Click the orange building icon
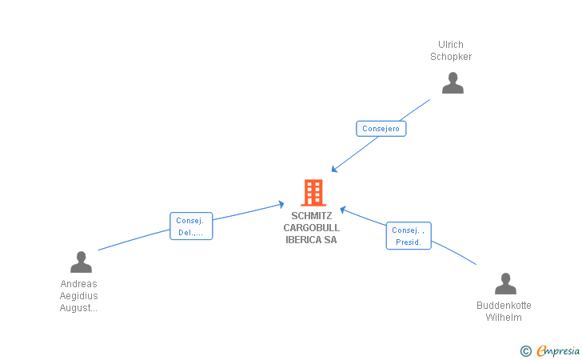click(313, 193)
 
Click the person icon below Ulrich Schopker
click(452, 83)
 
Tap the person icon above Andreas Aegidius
click(81, 262)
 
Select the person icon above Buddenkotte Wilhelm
click(505, 283)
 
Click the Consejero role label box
click(381, 129)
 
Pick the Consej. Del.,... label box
click(191, 226)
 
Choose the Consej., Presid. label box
click(409, 235)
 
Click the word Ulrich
click(451, 45)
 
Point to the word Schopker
click(451, 57)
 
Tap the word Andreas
click(78, 284)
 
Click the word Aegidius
click(78, 296)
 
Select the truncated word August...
click(78, 308)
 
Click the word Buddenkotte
click(504, 306)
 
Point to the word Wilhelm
click(504, 318)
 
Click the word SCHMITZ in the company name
click(312, 216)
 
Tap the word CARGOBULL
click(312, 228)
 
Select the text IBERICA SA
click(312, 240)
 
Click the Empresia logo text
click(558, 350)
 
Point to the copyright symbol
click(526, 350)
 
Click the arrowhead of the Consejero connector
click(334, 170)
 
